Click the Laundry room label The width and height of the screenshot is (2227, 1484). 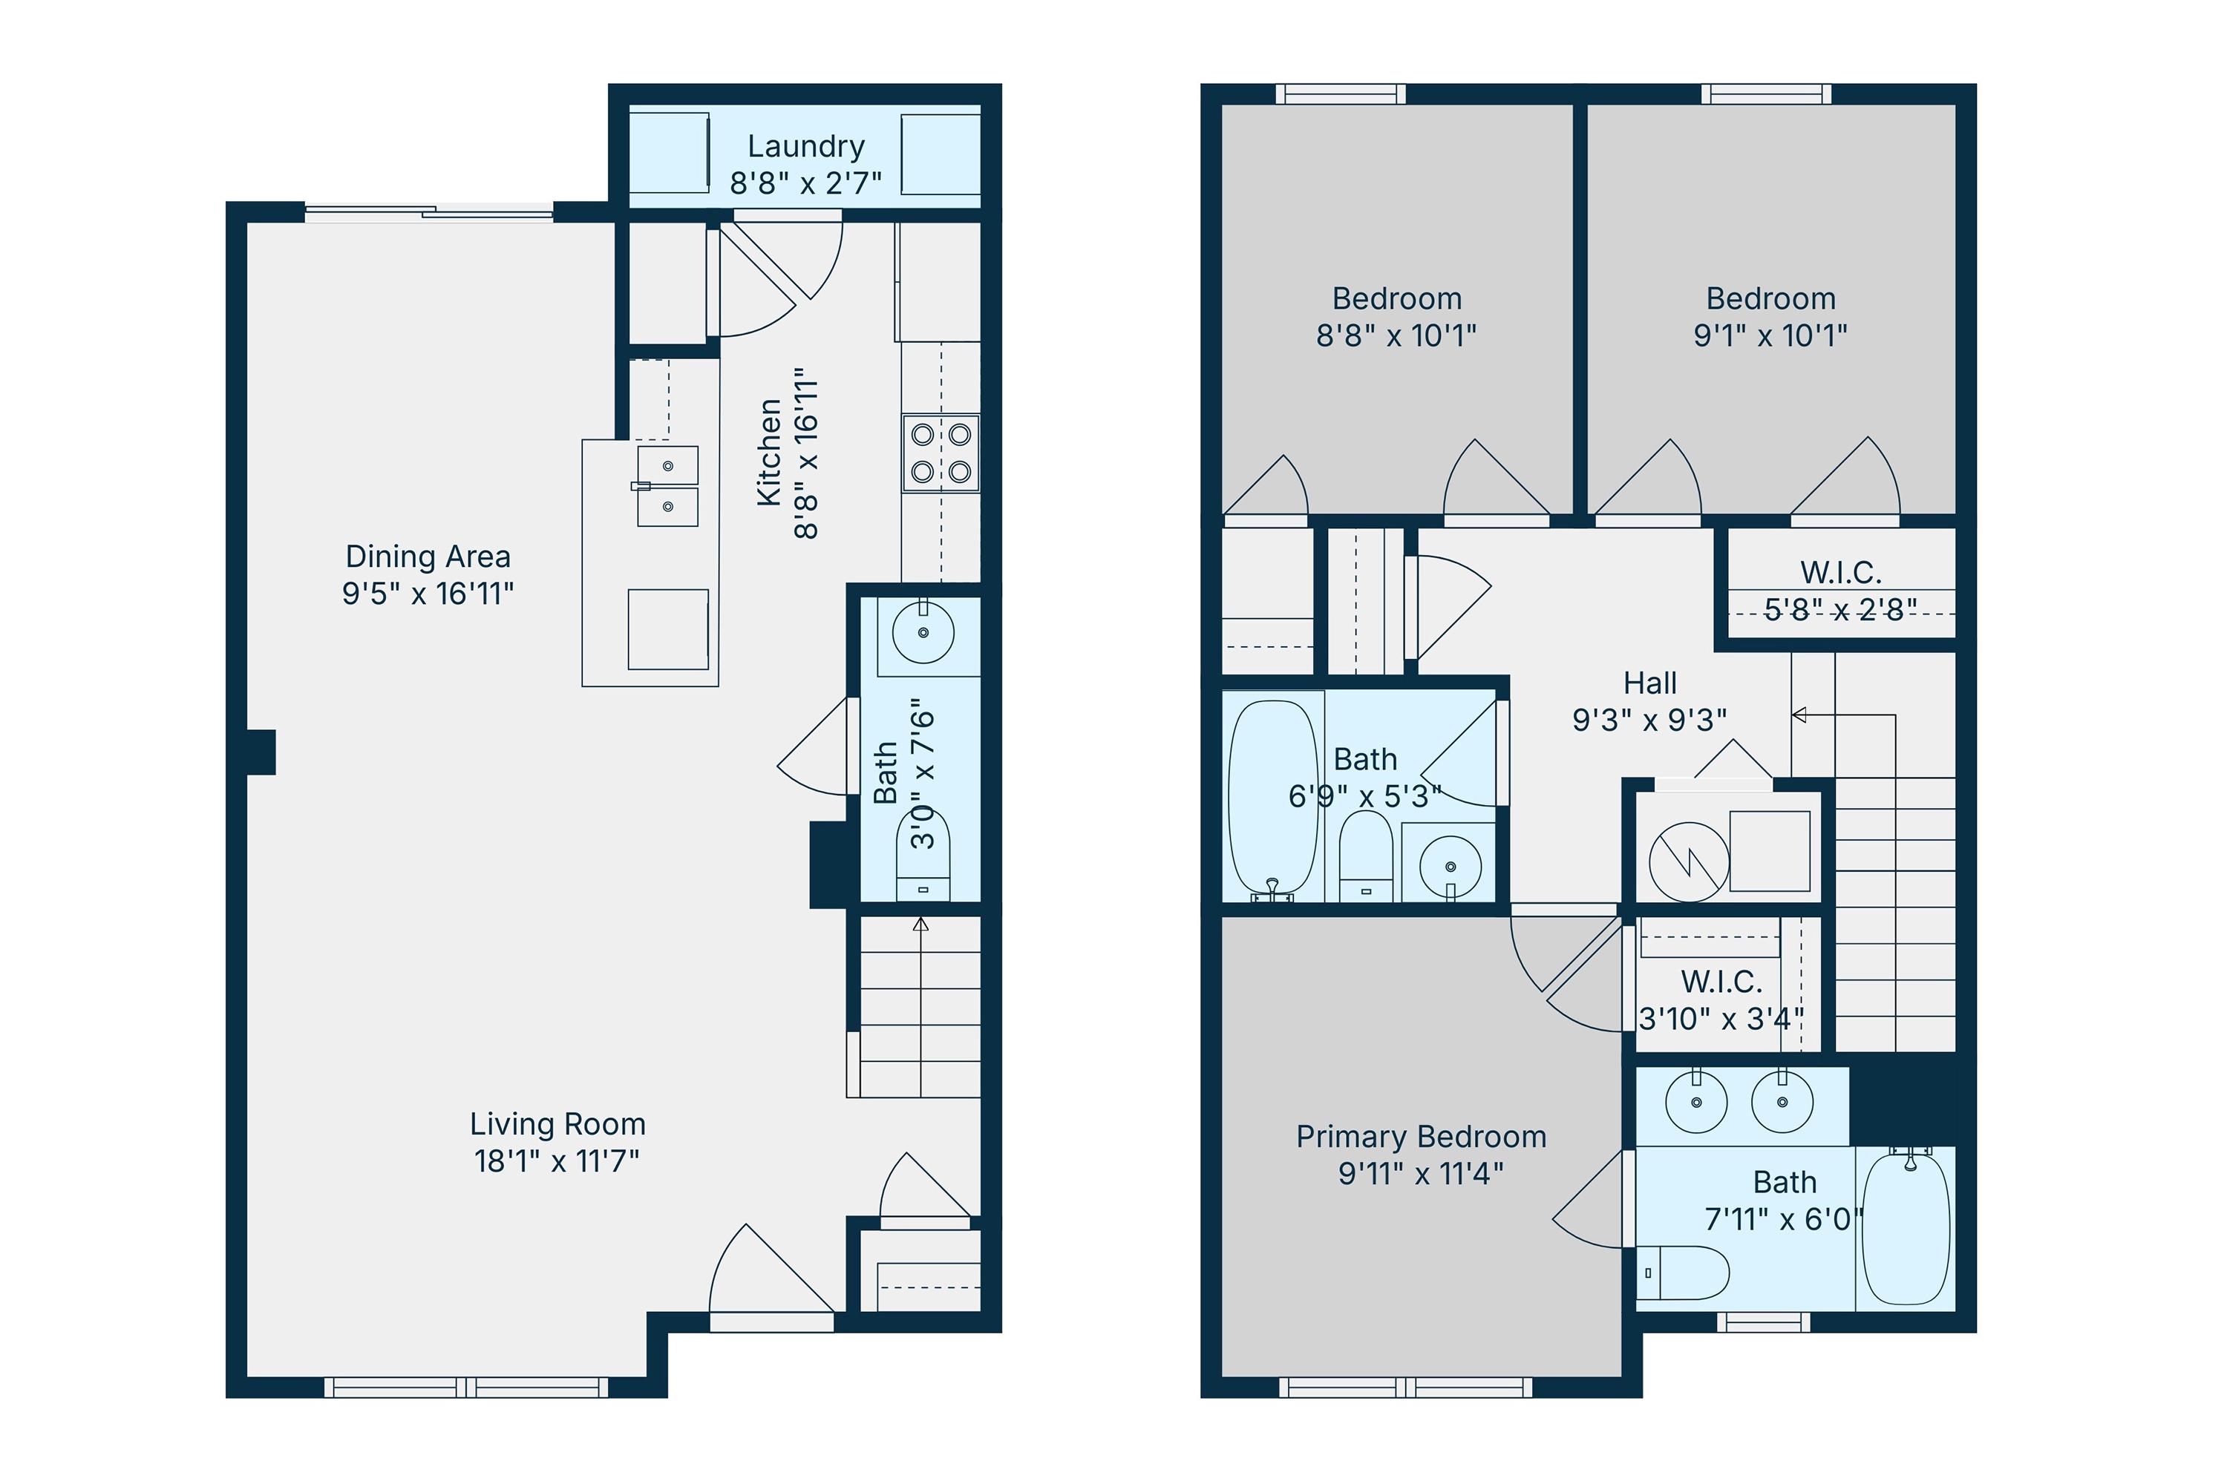click(805, 147)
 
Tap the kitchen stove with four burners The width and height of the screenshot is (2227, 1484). click(941, 453)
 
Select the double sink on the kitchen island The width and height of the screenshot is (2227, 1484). click(667, 487)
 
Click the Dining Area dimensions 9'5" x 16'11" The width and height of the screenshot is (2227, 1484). click(428, 594)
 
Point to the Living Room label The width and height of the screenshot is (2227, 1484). click(557, 1124)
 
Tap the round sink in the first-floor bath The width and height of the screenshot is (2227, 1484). click(923, 631)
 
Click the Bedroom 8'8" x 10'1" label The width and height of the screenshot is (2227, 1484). click(1396, 299)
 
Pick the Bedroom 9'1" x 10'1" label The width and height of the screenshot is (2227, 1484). click(1770, 299)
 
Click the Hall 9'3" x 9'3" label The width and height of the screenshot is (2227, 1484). click(1649, 683)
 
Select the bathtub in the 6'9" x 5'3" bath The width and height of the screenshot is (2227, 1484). click(1272, 798)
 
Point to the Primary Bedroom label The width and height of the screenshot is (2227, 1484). click(1420, 1137)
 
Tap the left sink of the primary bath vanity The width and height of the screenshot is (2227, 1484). click(1695, 1103)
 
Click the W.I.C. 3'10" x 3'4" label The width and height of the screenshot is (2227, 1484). click(1721, 982)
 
